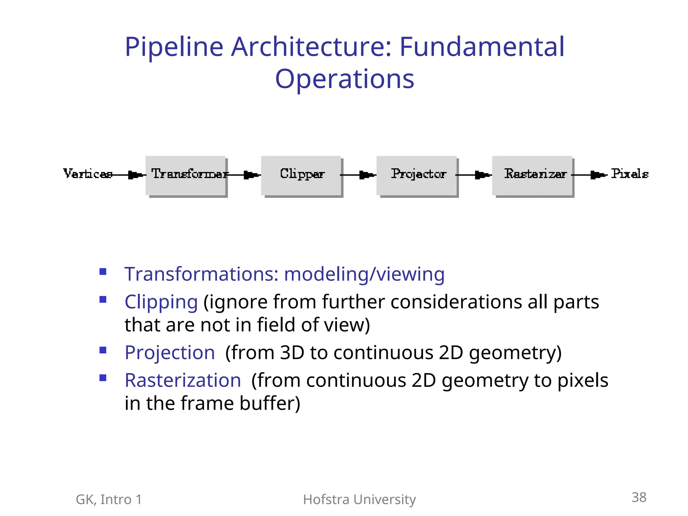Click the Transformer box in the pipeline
pos(186,175)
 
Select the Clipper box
pos(301,175)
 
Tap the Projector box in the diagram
pos(417,175)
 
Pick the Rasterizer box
pos(532,175)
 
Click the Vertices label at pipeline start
pos(88,174)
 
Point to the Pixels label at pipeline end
pos(629,174)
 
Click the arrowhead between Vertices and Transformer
pos(135,175)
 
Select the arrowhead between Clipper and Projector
pos(366,175)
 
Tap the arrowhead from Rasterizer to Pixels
pos(597,175)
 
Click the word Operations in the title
pos(345,79)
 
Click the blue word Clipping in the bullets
pos(161,302)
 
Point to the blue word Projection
pos(170,353)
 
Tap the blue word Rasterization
pos(183,380)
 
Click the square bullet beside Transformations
pos(103,271)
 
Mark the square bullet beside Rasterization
pos(103,378)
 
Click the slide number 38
pos(639,497)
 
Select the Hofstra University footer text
pos(359,500)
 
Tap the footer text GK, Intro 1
pos(109,500)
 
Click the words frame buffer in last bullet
pos(237,403)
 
